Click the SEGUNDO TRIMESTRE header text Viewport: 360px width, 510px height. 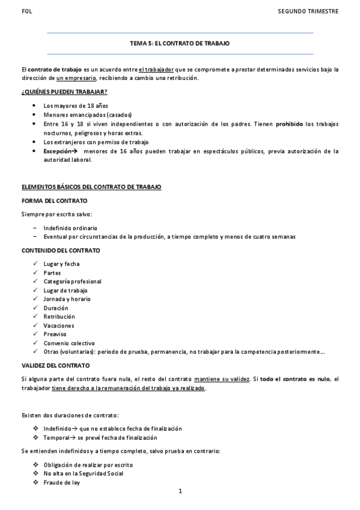point(308,11)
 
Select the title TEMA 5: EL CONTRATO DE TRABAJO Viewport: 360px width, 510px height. point(180,44)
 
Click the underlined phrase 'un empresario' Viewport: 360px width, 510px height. point(76,78)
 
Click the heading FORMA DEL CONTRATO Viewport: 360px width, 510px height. point(54,200)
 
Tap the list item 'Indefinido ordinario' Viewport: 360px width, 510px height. point(70,228)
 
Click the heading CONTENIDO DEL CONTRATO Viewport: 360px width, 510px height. point(61,250)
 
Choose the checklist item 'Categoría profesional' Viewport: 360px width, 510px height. point(72,281)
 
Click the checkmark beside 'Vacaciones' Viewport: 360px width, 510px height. point(36,325)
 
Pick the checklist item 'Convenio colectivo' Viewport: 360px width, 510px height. point(69,343)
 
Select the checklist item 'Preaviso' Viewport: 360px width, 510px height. point(55,334)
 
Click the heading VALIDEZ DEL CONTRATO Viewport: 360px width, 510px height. point(55,365)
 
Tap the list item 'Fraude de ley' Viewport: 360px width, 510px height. point(61,482)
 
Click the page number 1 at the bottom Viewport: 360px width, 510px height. point(180,491)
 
